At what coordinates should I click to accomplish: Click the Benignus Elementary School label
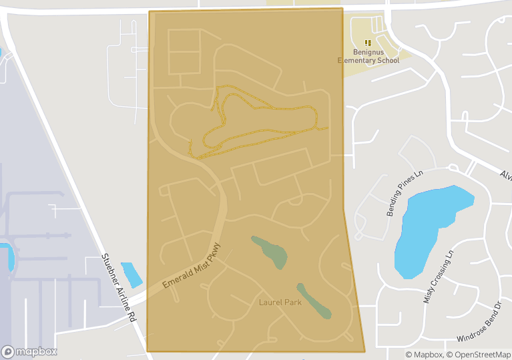tap(368, 56)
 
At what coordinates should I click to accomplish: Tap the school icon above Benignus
tap(368, 42)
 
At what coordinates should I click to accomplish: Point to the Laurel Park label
tap(280, 303)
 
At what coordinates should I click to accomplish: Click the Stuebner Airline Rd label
tap(119, 288)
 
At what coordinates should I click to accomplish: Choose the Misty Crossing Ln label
tap(438, 277)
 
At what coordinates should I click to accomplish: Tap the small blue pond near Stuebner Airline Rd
tap(132, 275)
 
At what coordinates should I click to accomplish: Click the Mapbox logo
tap(29, 351)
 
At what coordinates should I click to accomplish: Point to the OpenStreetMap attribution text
tap(478, 355)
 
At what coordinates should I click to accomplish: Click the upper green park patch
tap(270, 251)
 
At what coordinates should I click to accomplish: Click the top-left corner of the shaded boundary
tap(149, 11)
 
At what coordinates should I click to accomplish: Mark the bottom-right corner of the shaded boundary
tap(364, 351)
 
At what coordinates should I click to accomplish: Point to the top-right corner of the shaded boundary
tap(342, 9)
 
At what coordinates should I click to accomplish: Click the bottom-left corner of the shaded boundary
tap(147, 351)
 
